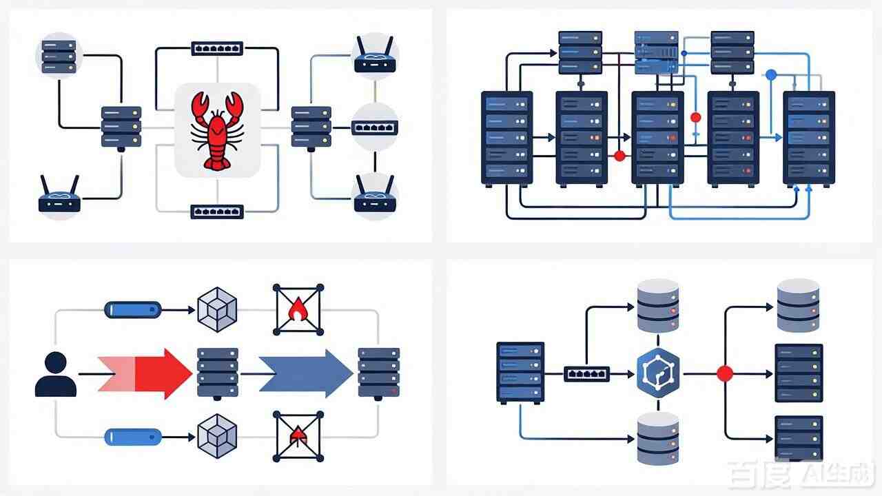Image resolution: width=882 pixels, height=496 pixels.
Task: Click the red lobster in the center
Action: tap(217, 131)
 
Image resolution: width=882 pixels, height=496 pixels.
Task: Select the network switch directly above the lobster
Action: tap(217, 48)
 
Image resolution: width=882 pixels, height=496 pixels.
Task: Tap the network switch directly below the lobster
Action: tap(217, 211)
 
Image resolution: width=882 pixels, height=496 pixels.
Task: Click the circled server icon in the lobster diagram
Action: tap(59, 56)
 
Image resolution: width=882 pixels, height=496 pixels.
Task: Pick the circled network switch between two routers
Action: tap(374, 127)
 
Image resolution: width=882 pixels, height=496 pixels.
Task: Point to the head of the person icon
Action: tap(56, 362)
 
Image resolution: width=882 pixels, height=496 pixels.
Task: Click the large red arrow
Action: tap(145, 373)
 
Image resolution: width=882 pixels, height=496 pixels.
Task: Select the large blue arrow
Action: tap(306, 373)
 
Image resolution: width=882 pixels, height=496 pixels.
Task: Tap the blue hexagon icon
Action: tap(658, 373)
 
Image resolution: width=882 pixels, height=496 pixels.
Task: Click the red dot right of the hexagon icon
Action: tap(725, 373)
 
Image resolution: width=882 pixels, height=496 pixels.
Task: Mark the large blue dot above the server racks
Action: tap(770, 75)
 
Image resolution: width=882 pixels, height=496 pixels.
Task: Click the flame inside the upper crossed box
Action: tap(298, 309)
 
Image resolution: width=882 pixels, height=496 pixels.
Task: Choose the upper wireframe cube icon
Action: tap(217, 310)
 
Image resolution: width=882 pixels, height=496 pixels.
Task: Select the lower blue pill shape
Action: tap(133, 437)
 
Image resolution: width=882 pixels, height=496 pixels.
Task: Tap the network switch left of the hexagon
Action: tap(586, 374)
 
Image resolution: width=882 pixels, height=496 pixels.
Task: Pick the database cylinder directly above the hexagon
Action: tap(658, 305)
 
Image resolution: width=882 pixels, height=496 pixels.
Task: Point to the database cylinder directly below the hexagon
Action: tap(658, 438)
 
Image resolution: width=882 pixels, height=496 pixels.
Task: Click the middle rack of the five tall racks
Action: tap(657, 139)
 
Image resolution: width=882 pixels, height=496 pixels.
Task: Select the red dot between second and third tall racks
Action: tap(619, 156)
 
